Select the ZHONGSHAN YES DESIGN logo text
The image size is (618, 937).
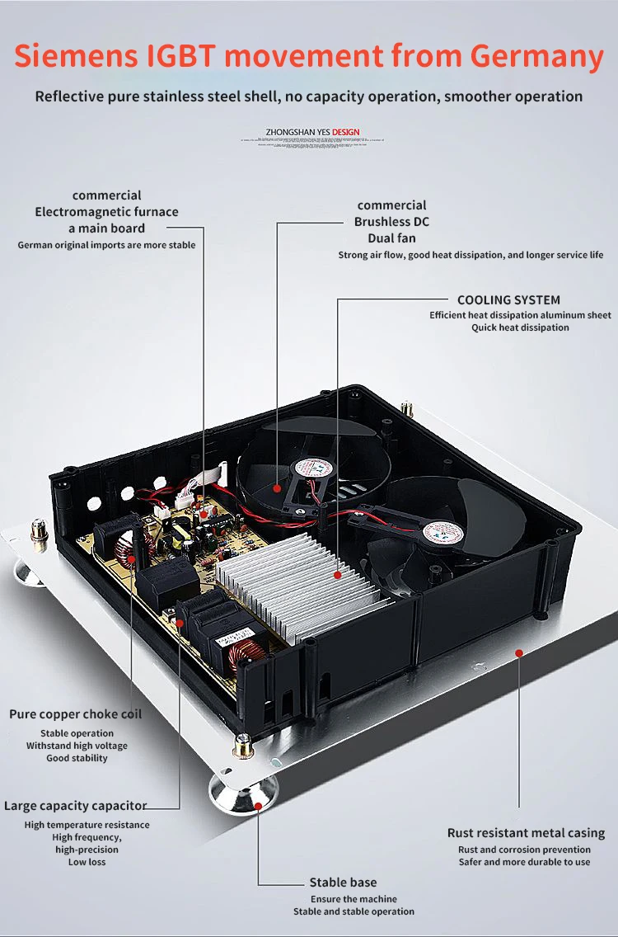[x=312, y=132]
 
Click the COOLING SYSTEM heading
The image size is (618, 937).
[x=508, y=300]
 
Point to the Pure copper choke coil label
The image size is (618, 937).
[x=76, y=714]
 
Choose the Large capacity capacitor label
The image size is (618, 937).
[x=76, y=806]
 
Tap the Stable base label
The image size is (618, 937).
[x=343, y=883]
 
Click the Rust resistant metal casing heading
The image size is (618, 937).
[x=526, y=833]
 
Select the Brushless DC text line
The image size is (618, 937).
[x=391, y=222]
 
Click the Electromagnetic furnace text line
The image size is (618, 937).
[x=106, y=212]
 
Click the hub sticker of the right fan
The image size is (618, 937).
[x=442, y=532]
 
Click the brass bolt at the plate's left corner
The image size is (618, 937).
[x=37, y=529]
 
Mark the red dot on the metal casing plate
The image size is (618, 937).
[x=519, y=653]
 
